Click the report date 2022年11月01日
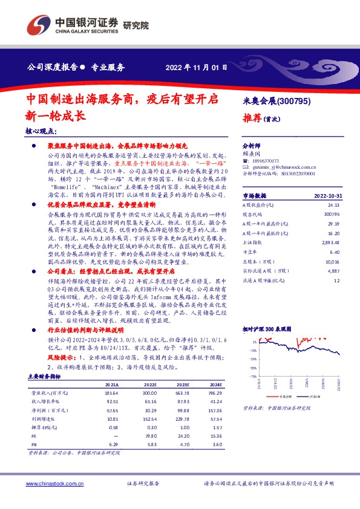point(196,67)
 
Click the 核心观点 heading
point(42,131)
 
